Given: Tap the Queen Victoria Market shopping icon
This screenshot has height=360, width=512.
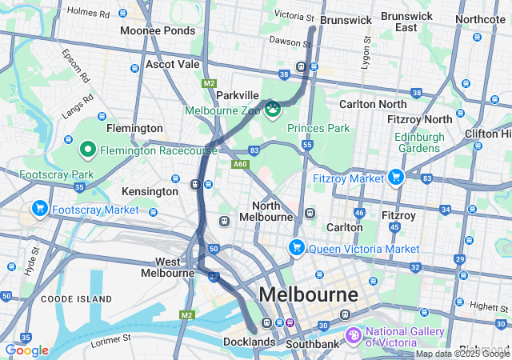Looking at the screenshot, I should tap(297, 248).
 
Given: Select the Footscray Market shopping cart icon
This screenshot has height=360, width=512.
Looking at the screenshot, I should tap(39, 210).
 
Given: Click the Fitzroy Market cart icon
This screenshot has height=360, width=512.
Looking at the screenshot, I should tap(394, 178).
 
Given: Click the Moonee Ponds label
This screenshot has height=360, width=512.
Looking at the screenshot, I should tap(157, 30).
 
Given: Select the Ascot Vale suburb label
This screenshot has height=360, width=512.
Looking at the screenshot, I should tap(172, 64).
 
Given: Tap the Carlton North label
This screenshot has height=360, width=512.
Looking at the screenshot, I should tap(373, 103).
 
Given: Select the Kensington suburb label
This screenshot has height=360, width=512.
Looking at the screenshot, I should tap(150, 192).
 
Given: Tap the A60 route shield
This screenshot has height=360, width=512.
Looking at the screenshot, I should tap(239, 164).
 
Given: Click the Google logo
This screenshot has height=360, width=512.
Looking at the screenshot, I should tap(26, 350).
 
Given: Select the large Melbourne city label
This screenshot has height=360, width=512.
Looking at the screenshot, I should tap(311, 294).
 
